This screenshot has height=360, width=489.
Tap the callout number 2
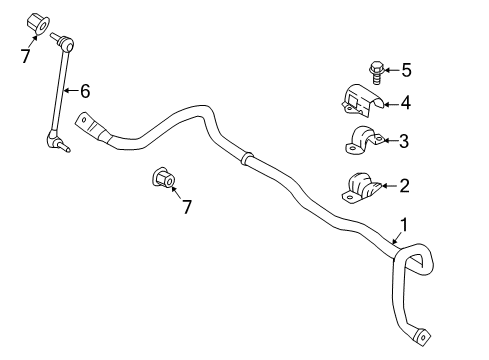click(x=404, y=184)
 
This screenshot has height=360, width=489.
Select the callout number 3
click(x=403, y=141)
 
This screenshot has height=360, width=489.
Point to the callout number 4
click(x=405, y=101)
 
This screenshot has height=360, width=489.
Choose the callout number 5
click(x=405, y=69)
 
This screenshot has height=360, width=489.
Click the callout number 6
click(x=85, y=91)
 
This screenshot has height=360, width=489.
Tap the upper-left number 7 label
click(x=25, y=57)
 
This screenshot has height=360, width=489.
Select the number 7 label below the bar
click(x=186, y=206)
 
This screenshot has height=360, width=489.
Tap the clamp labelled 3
click(x=361, y=142)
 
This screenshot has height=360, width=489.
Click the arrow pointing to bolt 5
click(x=391, y=69)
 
